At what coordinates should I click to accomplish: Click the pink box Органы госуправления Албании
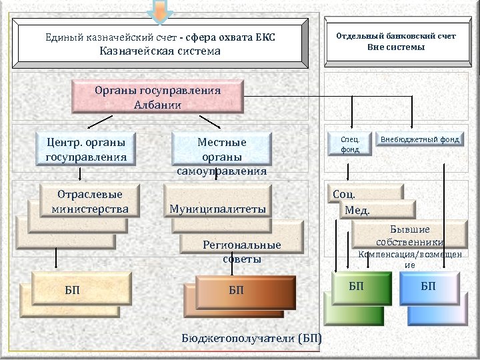158,97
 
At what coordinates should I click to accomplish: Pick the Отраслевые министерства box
90,201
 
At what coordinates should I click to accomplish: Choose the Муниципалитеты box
218,209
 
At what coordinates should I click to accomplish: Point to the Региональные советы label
242,251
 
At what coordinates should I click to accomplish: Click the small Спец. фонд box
349,145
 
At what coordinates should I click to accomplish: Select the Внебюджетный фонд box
420,139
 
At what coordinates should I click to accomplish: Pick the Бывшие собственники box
409,235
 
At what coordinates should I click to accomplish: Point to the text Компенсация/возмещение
410,259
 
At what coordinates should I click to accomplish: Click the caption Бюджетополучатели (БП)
251,338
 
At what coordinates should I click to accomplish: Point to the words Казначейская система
160,51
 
